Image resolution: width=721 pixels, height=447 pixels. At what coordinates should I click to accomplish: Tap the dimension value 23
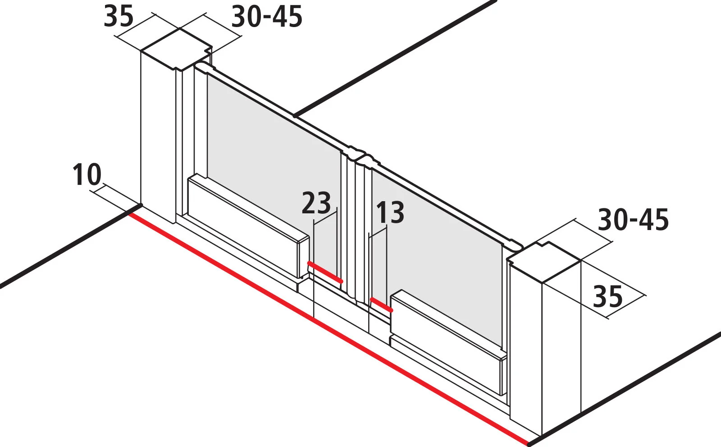(316, 203)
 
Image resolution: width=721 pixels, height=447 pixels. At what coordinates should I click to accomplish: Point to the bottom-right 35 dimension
(608, 296)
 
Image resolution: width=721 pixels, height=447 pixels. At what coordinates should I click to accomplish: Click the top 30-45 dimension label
(267, 16)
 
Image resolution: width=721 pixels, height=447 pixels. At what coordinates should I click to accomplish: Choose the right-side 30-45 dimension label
(634, 220)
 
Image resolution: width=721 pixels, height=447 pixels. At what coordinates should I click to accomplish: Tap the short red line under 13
(381, 305)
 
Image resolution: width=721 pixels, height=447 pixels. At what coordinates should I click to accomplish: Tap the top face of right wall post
(544, 262)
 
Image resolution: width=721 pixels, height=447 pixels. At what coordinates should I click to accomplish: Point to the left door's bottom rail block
(248, 226)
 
